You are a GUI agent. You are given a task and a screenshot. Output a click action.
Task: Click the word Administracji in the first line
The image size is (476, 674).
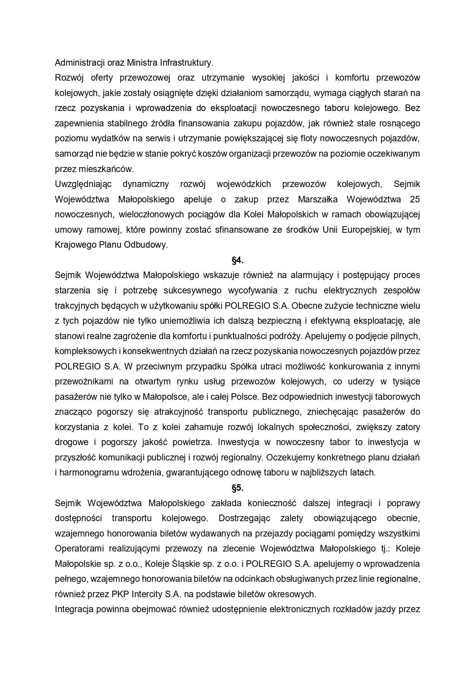79,63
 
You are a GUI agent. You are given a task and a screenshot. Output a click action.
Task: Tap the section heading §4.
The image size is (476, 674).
238,260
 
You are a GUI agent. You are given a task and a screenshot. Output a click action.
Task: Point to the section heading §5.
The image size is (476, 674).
238,488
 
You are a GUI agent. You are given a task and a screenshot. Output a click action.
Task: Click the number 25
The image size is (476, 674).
415,199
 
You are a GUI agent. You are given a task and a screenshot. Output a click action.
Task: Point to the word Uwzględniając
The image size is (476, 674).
83,184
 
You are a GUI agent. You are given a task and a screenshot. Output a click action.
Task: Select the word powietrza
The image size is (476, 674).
192,442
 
